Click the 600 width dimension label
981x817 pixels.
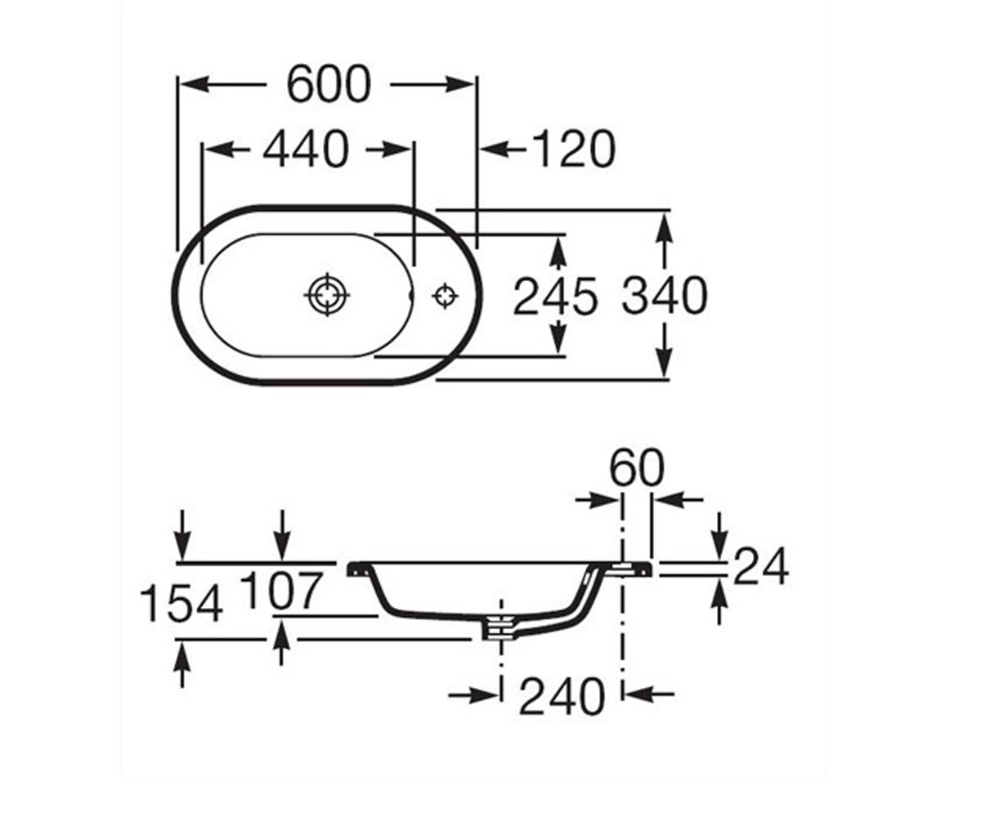click(329, 84)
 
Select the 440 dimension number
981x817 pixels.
click(306, 150)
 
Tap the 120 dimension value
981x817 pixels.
click(574, 150)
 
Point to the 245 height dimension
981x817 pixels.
click(556, 296)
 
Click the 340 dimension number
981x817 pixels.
click(665, 295)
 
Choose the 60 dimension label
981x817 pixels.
click(637, 467)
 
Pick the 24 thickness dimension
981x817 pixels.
click(760, 566)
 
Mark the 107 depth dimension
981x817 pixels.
click(281, 590)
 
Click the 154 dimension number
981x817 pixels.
click(181, 604)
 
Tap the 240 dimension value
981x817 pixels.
click(562, 697)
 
